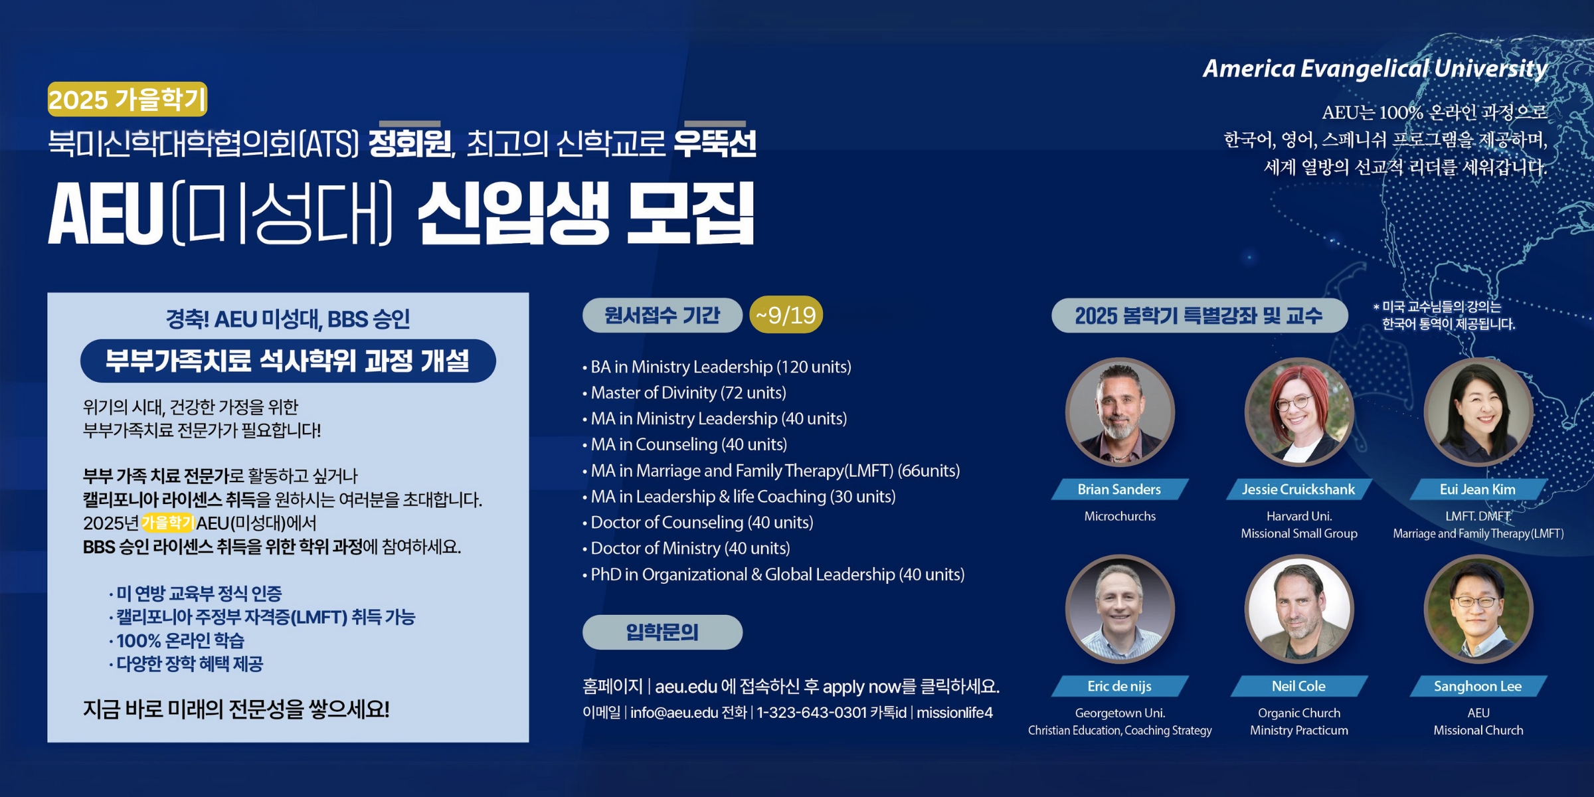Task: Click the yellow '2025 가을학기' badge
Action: [128, 100]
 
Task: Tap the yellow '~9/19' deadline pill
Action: [786, 315]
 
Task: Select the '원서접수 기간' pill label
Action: [662, 315]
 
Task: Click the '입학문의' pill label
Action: [662, 632]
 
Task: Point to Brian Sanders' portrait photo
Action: [1120, 412]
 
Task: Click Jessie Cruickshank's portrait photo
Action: [1299, 412]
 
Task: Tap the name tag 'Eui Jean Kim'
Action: [1478, 489]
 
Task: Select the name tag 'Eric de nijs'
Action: [1120, 686]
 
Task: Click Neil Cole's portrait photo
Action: [1299, 608]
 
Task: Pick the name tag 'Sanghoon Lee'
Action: [1478, 686]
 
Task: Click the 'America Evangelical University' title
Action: [1375, 68]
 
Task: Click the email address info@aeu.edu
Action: [674, 713]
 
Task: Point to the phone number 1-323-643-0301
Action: [812, 713]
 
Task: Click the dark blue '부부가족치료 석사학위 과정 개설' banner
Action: [288, 361]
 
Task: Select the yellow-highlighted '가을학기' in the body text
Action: [167, 523]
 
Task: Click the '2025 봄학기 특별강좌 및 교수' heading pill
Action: [1199, 315]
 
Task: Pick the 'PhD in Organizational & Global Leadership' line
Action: [773, 575]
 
